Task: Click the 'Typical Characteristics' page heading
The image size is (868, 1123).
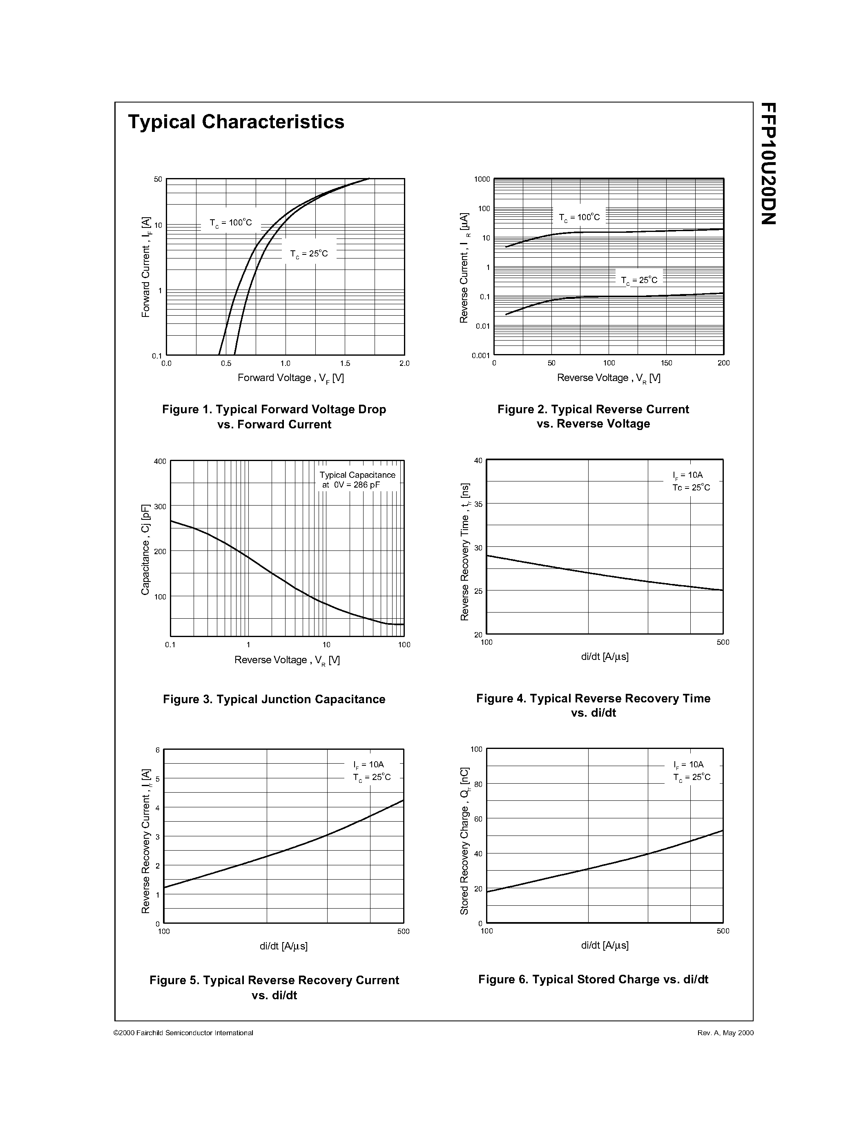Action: coord(236,122)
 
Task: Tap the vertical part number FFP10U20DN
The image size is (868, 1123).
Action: coord(768,163)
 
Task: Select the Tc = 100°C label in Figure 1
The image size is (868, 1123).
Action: coord(231,223)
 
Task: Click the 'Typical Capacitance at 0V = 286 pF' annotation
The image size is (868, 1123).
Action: coord(357,480)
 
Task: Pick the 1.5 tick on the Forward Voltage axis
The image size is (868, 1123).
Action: coord(345,363)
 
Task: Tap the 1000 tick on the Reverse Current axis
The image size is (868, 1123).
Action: coord(482,179)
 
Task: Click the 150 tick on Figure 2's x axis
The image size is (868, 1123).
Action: coord(667,363)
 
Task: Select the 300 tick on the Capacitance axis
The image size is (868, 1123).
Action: coord(160,506)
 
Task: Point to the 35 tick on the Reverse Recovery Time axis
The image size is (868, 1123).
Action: coord(478,504)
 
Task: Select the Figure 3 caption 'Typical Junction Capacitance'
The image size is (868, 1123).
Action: coord(274,699)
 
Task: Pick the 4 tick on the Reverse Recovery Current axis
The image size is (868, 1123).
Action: coord(158,808)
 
